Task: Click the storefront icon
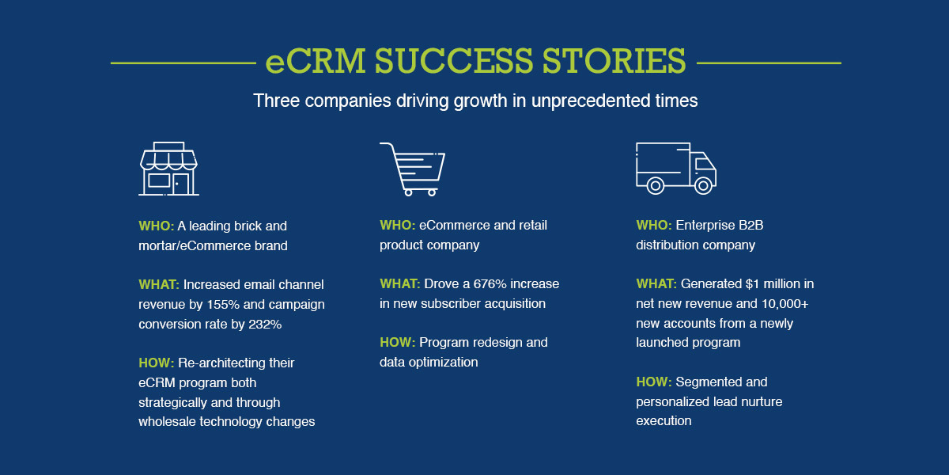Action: [168, 169]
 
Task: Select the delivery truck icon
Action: [675, 169]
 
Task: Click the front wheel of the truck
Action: [703, 186]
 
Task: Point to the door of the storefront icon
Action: [181, 184]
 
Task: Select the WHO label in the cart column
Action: [398, 226]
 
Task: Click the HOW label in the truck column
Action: [654, 382]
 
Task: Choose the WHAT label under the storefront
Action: [159, 284]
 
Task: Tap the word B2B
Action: [747, 226]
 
